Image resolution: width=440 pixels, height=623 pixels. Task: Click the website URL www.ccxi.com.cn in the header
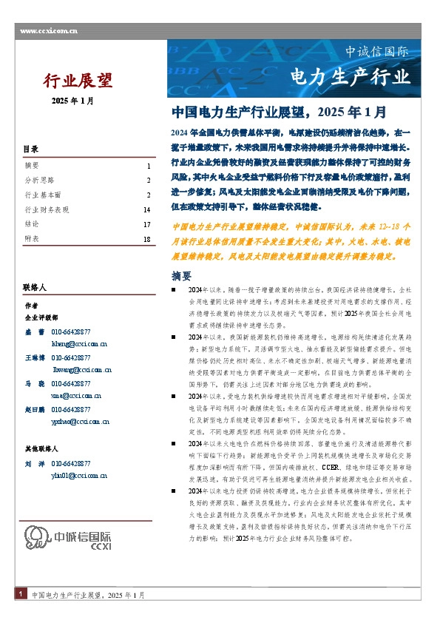point(49,30)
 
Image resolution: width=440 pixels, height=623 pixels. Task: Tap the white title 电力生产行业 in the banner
point(349,76)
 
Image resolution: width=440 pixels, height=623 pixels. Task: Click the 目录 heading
point(30,149)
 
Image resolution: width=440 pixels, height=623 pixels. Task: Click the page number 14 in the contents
point(146,210)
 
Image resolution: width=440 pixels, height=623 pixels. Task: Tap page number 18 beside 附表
point(146,240)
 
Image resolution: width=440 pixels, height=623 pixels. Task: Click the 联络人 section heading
point(35,287)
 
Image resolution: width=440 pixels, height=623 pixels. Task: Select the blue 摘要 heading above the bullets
point(181,276)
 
